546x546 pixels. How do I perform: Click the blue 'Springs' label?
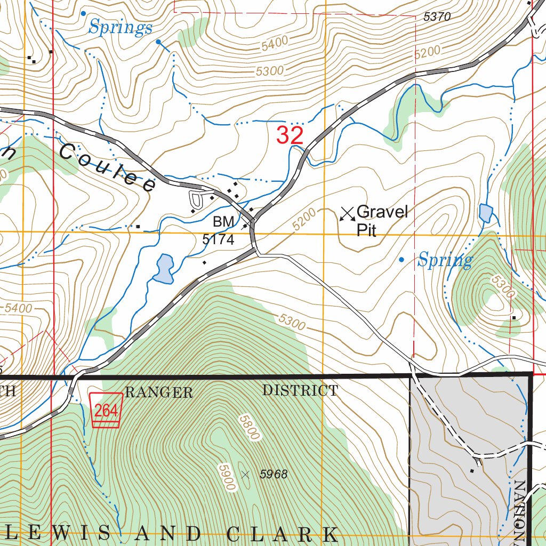[121, 28]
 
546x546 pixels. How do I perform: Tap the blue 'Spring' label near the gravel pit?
[445, 261]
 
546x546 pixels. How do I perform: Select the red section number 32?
[290, 135]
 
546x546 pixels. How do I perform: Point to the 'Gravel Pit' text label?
[381, 220]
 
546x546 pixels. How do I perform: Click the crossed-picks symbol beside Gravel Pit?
[348, 214]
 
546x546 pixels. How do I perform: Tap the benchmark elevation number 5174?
[218, 240]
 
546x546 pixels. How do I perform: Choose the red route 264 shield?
[106, 409]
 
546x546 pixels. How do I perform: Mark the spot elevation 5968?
[274, 474]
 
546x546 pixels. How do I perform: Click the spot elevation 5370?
[437, 17]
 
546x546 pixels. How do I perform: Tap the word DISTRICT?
[300, 390]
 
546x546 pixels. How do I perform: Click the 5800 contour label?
[248, 427]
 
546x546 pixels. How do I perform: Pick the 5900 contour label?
[226, 478]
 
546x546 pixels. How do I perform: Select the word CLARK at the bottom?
[282, 533]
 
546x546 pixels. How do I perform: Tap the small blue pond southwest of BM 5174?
[164, 268]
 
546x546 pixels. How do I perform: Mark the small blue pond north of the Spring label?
[485, 213]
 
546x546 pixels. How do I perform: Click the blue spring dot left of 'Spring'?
[402, 260]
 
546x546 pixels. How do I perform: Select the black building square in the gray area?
[472, 471]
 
